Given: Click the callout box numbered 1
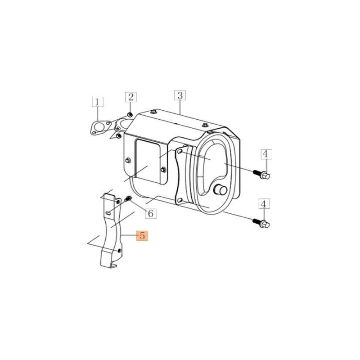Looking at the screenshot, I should tap(98, 101).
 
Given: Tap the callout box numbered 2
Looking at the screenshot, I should tap(130, 97).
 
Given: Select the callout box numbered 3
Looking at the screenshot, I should tap(180, 95).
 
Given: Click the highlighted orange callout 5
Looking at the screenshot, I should tap(142, 235).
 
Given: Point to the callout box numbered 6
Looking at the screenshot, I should tap(151, 213).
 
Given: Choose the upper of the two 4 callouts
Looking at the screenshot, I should tap(265, 154).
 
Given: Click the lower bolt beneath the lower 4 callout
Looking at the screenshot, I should tap(262, 223).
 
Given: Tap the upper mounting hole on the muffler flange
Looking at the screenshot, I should tap(180, 153).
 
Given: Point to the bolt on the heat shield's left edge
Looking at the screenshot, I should tap(128, 160).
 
